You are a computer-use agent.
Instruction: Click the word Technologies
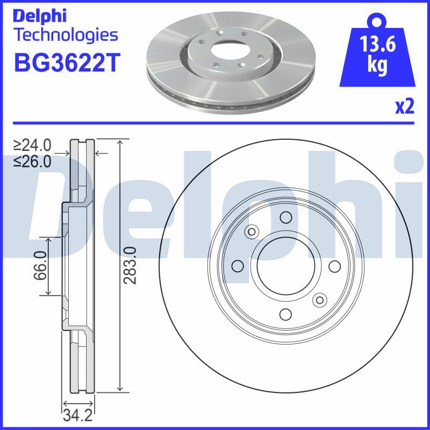point(65,35)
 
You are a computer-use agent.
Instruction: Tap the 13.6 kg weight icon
point(378,54)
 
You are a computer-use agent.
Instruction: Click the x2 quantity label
point(405,107)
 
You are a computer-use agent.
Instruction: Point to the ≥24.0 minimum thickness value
point(33,145)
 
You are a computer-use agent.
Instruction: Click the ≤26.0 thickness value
point(33,161)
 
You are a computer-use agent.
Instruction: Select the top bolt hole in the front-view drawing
point(285,218)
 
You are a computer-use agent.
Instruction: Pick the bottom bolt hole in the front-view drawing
point(285,314)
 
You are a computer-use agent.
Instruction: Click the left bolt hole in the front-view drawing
point(237,266)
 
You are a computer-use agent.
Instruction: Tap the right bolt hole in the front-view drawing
point(334,266)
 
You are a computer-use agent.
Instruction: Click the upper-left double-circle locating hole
point(251,232)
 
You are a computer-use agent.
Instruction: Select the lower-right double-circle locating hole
point(320,300)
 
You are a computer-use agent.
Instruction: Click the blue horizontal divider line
point(215,123)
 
